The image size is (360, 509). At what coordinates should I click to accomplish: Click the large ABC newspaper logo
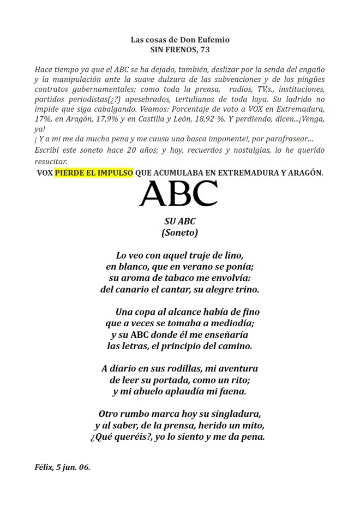click(x=179, y=193)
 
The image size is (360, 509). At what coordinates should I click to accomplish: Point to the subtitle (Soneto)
click(x=179, y=232)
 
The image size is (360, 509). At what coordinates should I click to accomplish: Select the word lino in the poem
click(x=232, y=255)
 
